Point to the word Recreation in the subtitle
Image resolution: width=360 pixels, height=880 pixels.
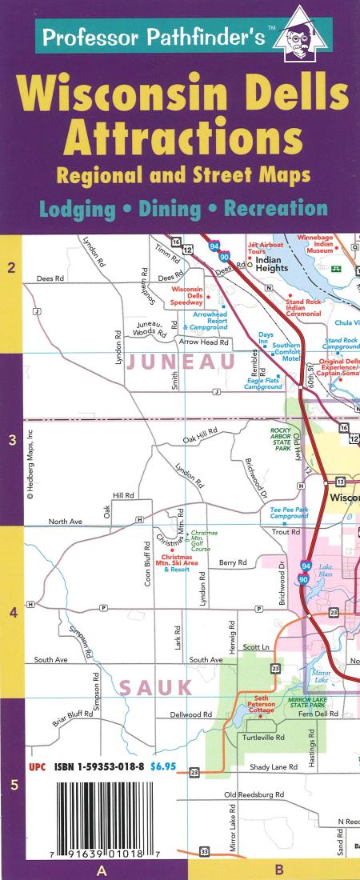coord(275,208)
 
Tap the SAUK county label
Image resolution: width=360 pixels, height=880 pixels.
coord(156,687)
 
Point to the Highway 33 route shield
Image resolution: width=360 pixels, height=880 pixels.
coord(204,851)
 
